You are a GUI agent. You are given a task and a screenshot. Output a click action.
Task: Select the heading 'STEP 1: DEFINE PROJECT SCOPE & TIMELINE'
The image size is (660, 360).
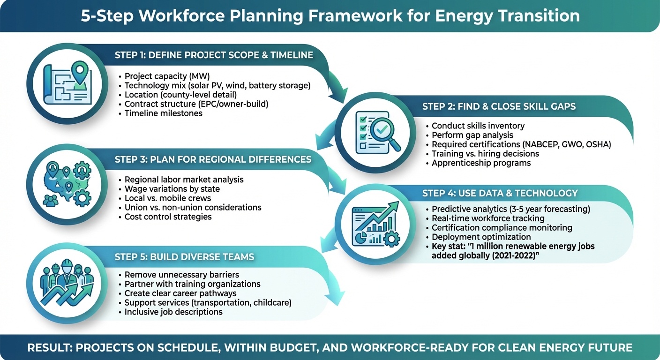pyautogui.click(x=214, y=55)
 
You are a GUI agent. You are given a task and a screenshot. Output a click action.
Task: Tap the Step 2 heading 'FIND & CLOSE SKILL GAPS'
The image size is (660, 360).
pyautogui.click(x=499, y=106)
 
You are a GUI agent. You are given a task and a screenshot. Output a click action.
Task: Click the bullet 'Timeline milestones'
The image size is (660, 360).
pyautogui.click(x=163, y=113)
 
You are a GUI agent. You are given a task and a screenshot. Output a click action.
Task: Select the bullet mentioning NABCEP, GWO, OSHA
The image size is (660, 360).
pyautogui.click(x=521, y=144)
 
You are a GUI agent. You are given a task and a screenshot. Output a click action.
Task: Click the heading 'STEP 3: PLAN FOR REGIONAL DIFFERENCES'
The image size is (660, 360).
pyautogui.click(x=213, y=159)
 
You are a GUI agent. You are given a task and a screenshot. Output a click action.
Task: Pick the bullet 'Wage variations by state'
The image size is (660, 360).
pyautogui.click(x=172, y=189)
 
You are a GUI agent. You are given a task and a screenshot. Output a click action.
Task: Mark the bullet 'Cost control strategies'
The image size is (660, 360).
pyautogui.click(x=168, y=217)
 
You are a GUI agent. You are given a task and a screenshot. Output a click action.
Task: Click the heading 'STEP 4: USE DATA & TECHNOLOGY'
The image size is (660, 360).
pyautogui.click(x=500, y=193)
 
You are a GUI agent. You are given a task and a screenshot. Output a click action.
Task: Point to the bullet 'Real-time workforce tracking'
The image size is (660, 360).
pyautogui.click(x=488, y=218)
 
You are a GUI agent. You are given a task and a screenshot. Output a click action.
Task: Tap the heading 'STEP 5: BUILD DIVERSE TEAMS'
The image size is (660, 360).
pyautogui.click(x=184, y=257)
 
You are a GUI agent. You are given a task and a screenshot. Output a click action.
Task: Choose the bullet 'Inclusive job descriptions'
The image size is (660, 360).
pyautogui.click(x=173, y=312)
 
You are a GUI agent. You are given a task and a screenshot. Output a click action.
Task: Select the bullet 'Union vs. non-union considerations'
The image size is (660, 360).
pyautogui.click(x=193, y=208)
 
